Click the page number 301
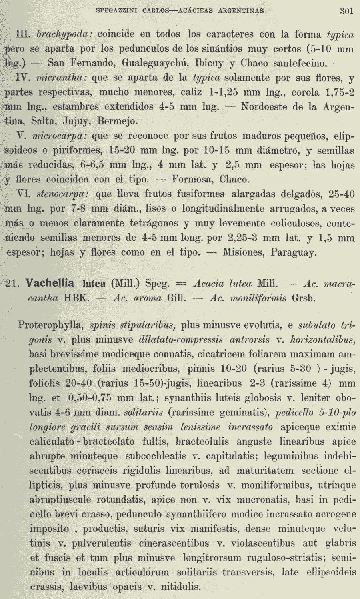tap(346, 11)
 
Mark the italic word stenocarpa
tap(62, 194)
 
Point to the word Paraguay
tap(293, 252)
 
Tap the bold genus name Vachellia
tap(50, 284)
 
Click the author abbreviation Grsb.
tap(304, 298)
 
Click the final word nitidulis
tap(180, 587)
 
